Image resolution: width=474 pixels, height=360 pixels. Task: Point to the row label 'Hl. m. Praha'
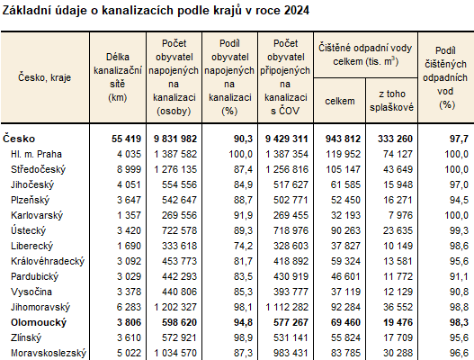pos(35,154)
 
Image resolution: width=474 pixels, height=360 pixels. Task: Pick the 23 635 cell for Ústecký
pos(397,230)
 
